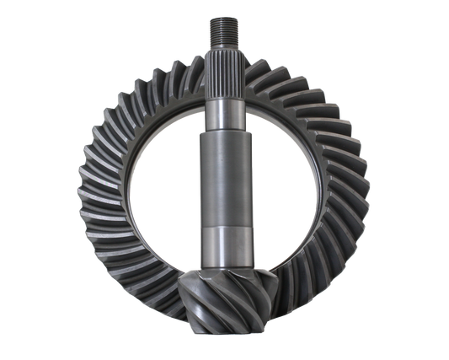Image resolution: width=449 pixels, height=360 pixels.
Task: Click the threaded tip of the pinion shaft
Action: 224,29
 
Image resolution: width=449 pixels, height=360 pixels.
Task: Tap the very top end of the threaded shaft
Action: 224,16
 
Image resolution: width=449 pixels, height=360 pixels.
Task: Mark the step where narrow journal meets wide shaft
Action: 224,131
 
